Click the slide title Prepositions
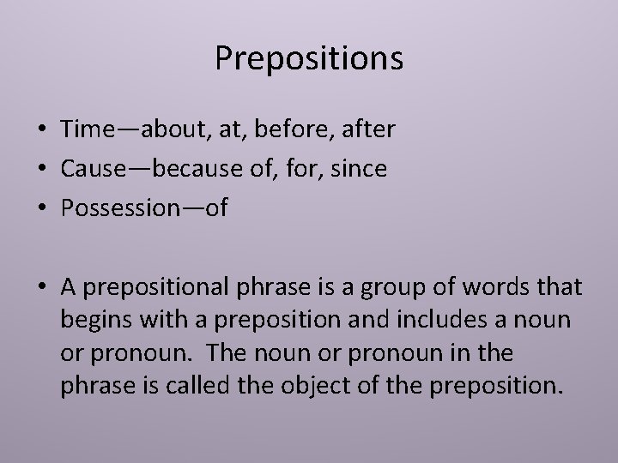309,58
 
